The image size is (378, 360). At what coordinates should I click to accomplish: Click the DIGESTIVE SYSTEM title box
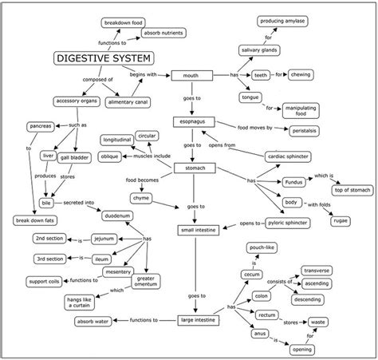click(104, 58)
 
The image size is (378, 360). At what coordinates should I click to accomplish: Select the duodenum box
click(120, 216)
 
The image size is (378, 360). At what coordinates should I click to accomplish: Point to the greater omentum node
click(145, 282)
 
